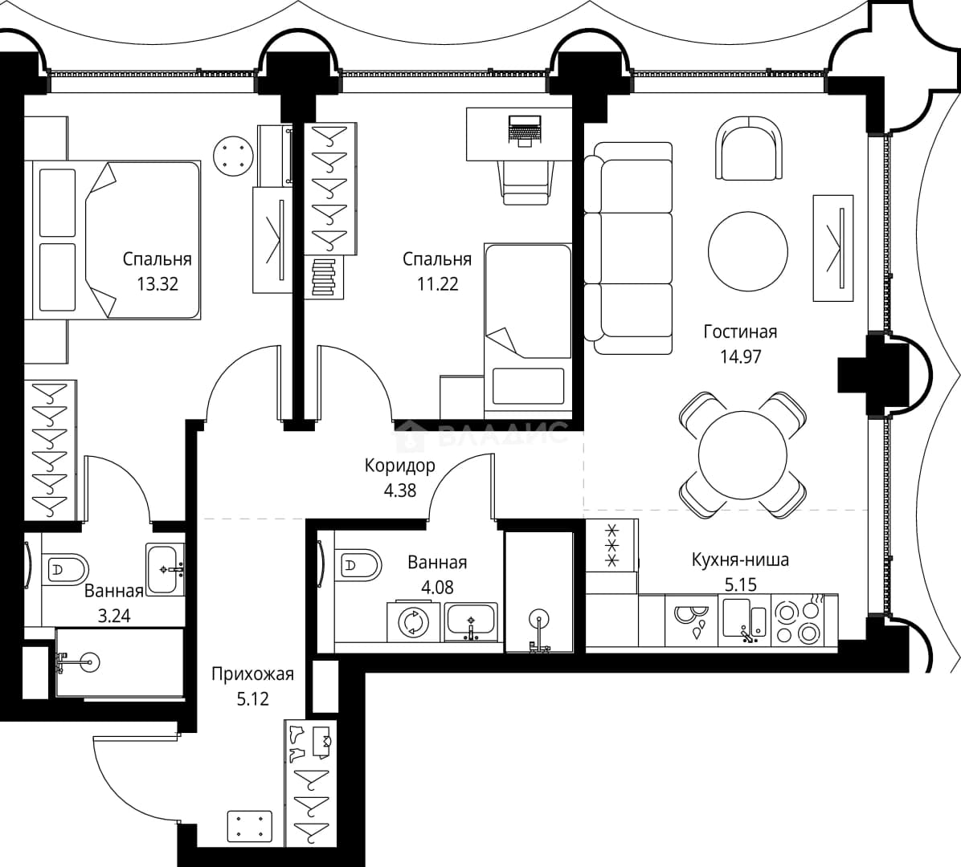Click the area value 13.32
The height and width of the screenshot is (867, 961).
click(x=157, y=284)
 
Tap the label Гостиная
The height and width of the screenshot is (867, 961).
click(x=740, y=332)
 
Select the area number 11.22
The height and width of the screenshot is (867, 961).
click(x=438, y=284)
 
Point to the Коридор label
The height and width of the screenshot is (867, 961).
click(x=399, y=466)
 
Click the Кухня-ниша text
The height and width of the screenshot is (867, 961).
click(x=740, y=560)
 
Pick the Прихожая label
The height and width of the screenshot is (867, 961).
click(x=252, y=675)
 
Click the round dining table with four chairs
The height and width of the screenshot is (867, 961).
click(x=742, y=455)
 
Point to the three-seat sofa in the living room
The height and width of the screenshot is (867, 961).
click(x=628, y=249)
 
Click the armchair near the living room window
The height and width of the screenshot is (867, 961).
click(x=749, y=149)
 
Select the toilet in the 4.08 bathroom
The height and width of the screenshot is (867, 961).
click(x=358, y=564)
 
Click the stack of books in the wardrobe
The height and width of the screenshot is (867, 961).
click(x=324, y=278)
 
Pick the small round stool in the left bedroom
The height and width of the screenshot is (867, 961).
click(x=234, y=155)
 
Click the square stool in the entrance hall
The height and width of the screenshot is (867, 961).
click(x=249, y=827)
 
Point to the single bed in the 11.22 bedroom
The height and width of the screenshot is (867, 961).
click(x=528, y=328)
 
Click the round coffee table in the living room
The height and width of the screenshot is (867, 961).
click(x=748, y=251)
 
